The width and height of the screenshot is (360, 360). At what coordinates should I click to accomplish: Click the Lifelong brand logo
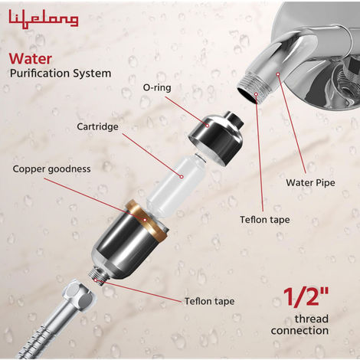[x=44, y=18]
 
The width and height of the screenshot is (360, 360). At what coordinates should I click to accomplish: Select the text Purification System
[x=61, y=74]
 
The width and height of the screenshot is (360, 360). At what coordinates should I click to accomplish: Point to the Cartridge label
[x=97, y=126]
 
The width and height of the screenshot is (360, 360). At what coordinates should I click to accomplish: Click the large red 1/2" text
[x=306, y=297]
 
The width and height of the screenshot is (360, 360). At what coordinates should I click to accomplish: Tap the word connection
[x=301, y=331]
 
